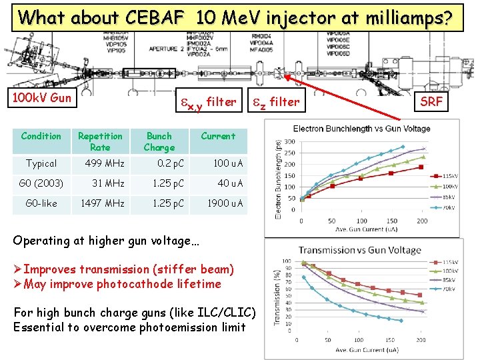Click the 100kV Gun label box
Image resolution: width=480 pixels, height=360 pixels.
(42, 99)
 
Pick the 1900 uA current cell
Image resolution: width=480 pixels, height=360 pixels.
(225, 203)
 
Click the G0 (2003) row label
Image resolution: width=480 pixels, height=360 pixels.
(41, 183)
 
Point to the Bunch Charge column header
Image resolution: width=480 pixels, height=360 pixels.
(159, 141)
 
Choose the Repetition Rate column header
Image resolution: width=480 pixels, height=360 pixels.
(100, 141)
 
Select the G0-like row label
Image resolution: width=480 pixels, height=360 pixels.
(41, 203)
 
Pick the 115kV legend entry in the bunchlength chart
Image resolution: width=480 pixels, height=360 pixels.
(449, 175)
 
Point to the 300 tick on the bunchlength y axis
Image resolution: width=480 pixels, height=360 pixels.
(291, 142)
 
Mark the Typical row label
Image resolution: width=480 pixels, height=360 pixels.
(41, 163)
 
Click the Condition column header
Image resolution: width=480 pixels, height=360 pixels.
(41, 136)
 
